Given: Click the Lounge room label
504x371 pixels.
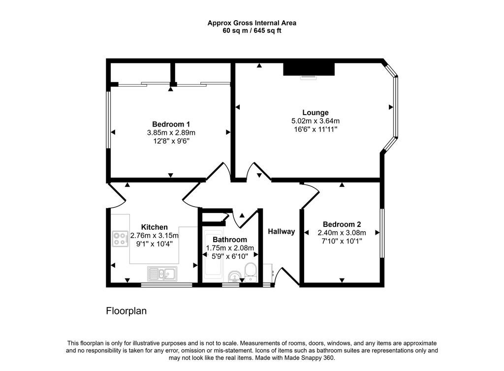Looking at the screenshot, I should coord(315,113).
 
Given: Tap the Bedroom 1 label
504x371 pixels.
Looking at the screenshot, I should coord(171,124).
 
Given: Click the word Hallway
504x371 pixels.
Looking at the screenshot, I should coord(281,231).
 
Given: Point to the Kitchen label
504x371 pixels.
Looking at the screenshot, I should coord(154,227).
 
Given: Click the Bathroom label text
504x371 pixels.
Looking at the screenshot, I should coord(229,240).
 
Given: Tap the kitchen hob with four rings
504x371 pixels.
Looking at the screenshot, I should coord(120,238).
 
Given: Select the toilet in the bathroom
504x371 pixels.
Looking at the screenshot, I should coord(251,271).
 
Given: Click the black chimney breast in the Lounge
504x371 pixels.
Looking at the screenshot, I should coord(309,68).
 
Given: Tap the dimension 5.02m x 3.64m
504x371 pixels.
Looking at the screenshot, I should coord(315,121).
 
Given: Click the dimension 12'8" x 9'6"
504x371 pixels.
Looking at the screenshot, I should coord(171,141).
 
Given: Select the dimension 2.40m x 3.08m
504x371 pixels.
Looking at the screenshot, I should coord(342,233).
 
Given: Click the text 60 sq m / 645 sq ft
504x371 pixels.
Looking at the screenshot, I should coord(252,31).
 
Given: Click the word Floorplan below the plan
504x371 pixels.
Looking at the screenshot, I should coord(126,311).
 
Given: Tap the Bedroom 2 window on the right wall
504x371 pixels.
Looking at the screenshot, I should coord(382,232).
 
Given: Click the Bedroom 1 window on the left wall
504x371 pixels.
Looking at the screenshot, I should coord(109,119).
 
